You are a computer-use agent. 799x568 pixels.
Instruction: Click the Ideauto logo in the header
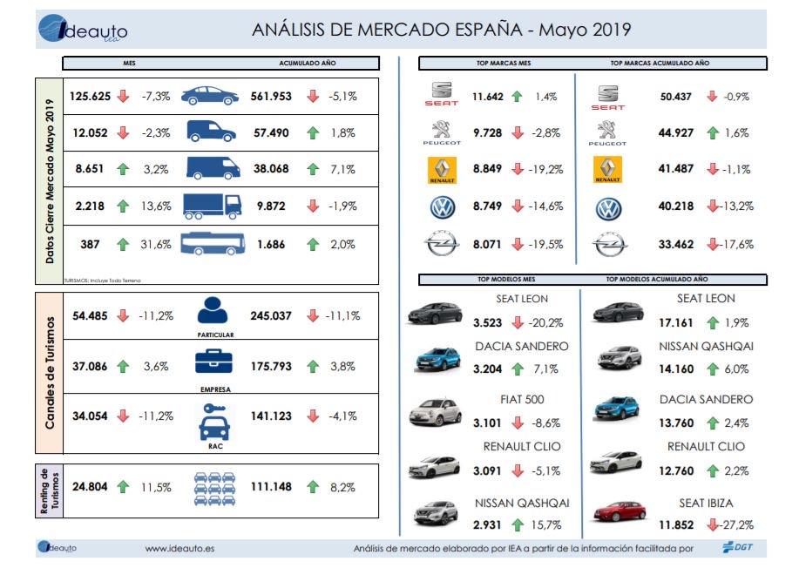tap(83, 30)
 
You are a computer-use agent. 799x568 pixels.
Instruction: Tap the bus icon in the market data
tap(212, 245)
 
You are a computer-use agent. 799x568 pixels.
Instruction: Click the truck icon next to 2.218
tap(212, 206)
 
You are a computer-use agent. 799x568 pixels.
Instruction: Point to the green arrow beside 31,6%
tap(123, 245)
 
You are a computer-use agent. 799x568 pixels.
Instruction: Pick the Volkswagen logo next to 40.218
tap(607, 207)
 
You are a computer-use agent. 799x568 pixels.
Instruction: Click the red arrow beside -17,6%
tap(713, 245)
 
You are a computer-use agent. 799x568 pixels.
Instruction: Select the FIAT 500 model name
tap(523, 399)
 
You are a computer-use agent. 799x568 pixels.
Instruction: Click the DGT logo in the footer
tap(739, 547)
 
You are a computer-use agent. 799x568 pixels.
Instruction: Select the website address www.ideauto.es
tap(179, 548)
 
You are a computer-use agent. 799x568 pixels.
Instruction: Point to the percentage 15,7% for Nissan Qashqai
tap(547, 524)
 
